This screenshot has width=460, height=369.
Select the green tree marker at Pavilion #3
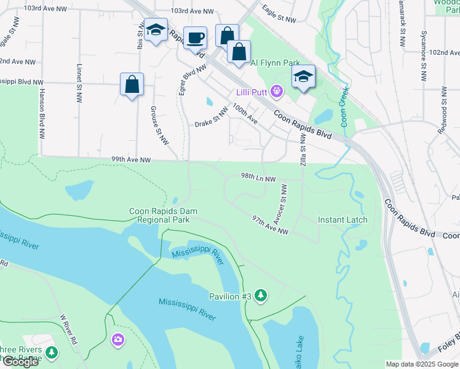click(261, 296)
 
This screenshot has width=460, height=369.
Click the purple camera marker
click(117, 339)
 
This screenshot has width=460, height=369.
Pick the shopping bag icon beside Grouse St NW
click(132, 84)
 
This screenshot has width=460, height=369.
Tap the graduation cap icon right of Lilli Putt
click(303, 77)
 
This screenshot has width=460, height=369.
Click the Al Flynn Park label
click(275, 63)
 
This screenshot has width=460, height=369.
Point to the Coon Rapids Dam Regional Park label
click(163, 215)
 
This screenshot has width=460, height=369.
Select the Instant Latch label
click(343, 220)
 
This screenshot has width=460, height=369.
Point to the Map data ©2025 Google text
click(421, 364)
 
